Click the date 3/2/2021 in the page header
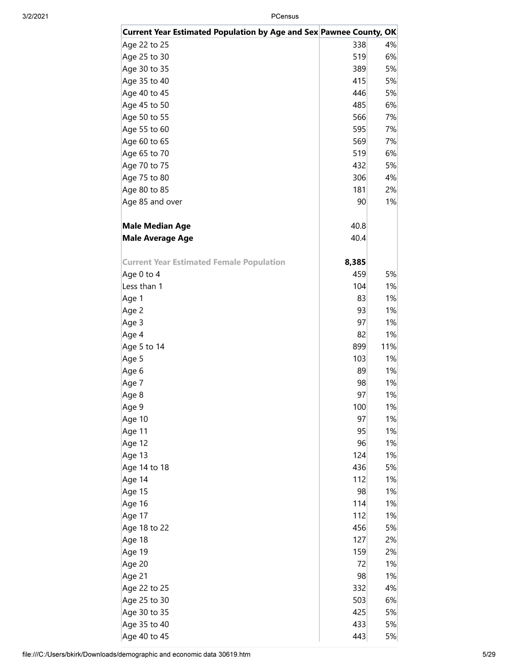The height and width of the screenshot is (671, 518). point(35,16)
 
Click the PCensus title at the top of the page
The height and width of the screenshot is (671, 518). point(285,16)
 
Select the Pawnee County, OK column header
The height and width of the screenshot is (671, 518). point(358,32)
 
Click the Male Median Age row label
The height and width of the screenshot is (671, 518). point(156,226)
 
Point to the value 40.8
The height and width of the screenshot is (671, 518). point(358,226)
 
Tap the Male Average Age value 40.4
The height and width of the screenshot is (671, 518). point(358,238)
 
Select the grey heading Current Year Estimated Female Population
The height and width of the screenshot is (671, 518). point(203,262)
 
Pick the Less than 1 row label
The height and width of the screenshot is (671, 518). point(142,286)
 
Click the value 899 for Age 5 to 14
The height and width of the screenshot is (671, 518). point(359,347)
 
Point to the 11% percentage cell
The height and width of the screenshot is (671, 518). point(388,347)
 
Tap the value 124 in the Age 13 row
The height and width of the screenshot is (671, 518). point(359,455)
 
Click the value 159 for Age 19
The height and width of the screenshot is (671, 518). point(359,552)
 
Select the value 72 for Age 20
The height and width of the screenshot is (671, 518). point(361,564)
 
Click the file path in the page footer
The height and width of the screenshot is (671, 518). point(136,654)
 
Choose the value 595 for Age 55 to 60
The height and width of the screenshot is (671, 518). point(359,129)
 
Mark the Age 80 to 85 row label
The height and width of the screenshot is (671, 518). point(146,190)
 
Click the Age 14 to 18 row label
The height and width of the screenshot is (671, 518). point(146,467)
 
